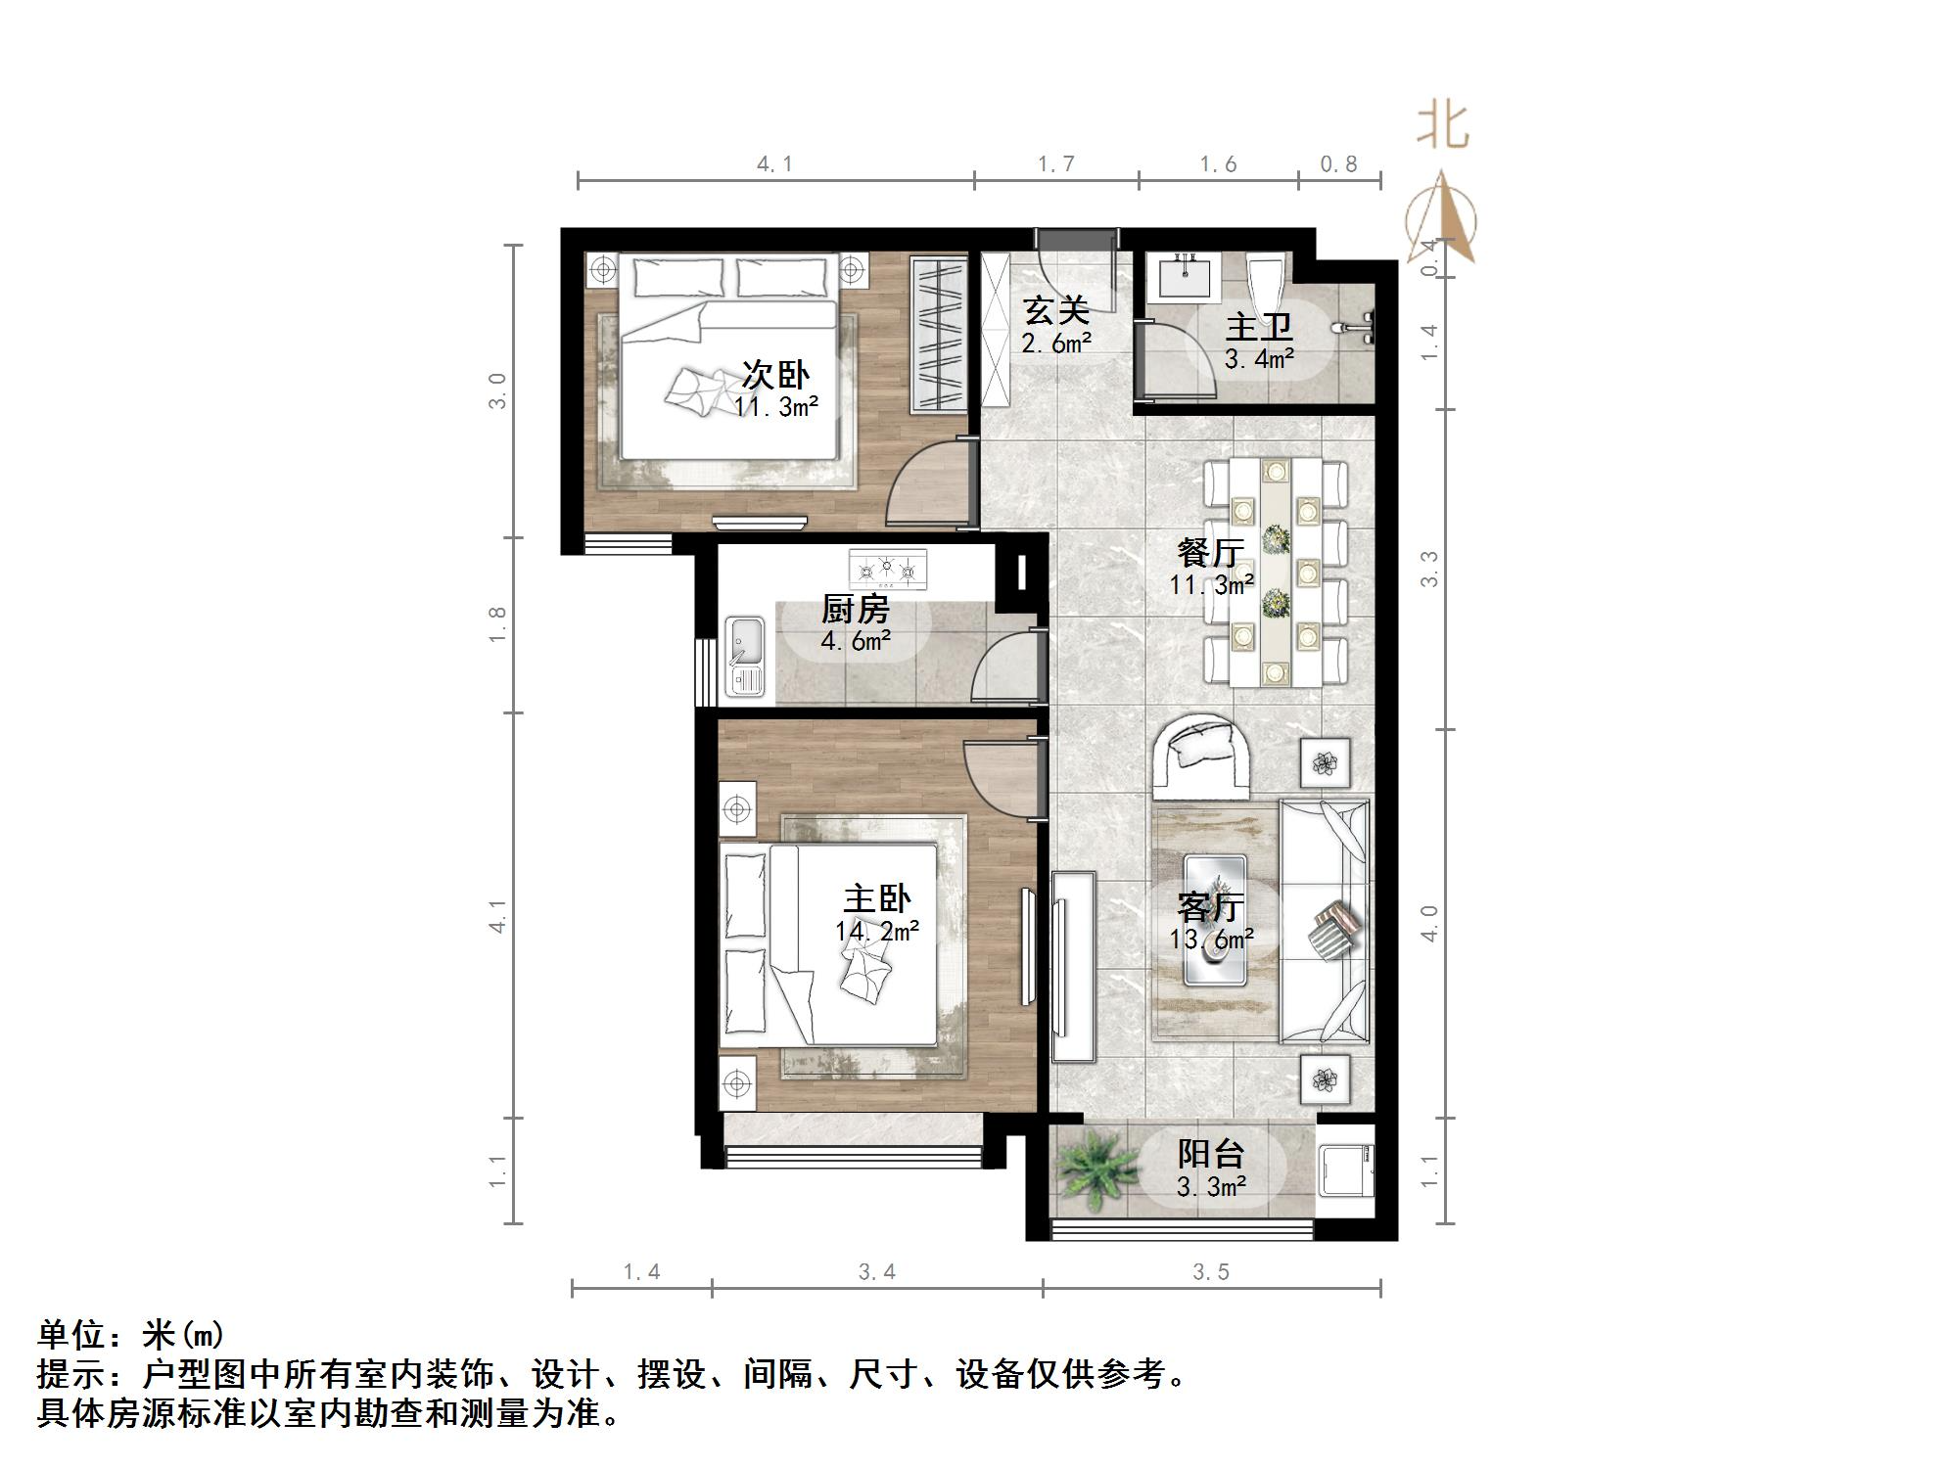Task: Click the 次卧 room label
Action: tap(775, 374)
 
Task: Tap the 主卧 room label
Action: tap(877, 898)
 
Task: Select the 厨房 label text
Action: tap(855, 610)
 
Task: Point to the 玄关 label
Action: tap(1056, 311)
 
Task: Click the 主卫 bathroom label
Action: tap(1259, 327)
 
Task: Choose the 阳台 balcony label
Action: tap(1211, 1154)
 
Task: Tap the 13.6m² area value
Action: tap(1211, 940)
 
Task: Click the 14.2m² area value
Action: tap(877, 931)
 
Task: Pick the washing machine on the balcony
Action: tap(1346, 1171)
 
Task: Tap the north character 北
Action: tap(1443, 125)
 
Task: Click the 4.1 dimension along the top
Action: tap(773, 164)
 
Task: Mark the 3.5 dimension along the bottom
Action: tap(1211, 1271)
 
